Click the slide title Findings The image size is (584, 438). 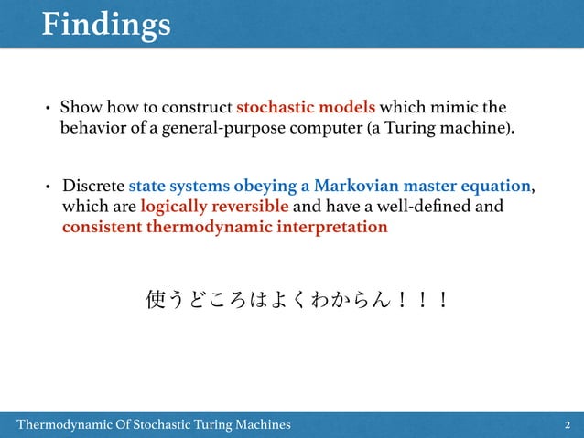pos(105,25)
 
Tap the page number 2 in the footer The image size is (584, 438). pos(568,424)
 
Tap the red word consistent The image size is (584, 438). pos(102,227)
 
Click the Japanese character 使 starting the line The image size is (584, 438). pos(157,299)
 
